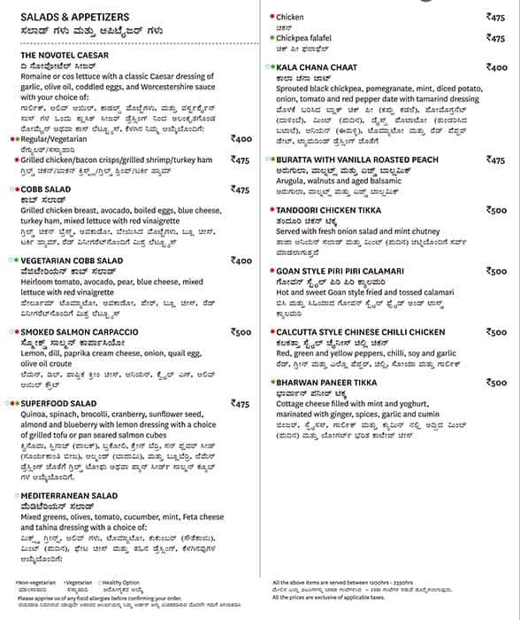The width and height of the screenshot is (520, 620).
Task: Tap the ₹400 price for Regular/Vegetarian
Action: click(x=240, y=138)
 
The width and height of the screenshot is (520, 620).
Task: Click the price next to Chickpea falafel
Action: click(x=496, y=38)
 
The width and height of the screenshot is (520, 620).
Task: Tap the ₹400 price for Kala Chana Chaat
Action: click(x=496, y=66)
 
